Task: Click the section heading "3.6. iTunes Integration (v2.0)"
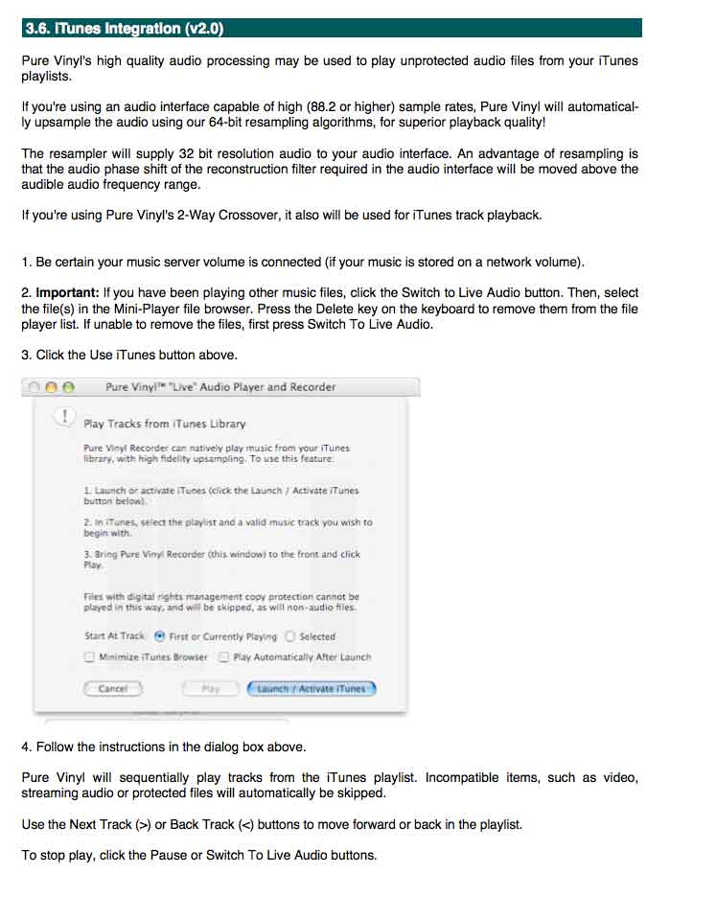click(124, 29)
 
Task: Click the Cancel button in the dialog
click(113, 688)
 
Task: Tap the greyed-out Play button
click(211, 688)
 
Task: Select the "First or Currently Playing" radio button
click(159, 636)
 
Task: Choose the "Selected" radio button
click(290, 636)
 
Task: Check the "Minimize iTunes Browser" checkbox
click(90, 657)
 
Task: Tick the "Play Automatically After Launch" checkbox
click(223, 657)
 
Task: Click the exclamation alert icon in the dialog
click(63, 416)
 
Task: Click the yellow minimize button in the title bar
click(51, 387)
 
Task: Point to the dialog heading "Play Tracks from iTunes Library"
click(165, 424)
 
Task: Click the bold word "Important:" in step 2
click(67, 292)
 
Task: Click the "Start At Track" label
click(114, 636)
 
